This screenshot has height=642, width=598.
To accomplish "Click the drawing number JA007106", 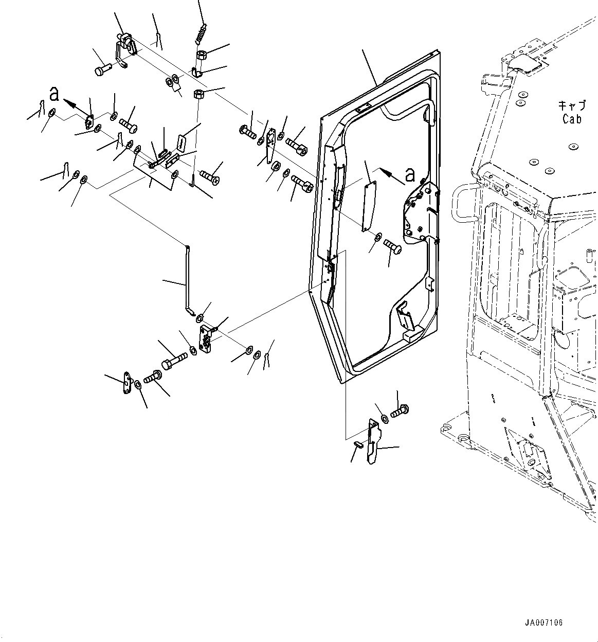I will point(544,623).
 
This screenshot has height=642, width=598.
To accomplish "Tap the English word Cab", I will point(572,119).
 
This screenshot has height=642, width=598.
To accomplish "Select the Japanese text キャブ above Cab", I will point(572,105).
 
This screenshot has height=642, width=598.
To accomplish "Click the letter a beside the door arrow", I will point(410,175).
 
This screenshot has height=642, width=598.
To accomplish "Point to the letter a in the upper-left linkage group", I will point(54,94).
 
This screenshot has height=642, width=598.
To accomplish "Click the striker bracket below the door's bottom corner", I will point(373,440).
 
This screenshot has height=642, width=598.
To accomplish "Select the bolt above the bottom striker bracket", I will point(398,412).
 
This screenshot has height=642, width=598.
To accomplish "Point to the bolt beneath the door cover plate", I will point(393,246).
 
